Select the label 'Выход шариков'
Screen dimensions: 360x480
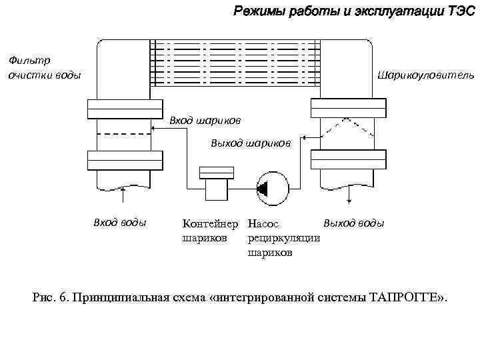coord(250,143)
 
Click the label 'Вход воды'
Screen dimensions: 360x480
coord(119,223)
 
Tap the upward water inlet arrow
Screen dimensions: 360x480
coord(124,193)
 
